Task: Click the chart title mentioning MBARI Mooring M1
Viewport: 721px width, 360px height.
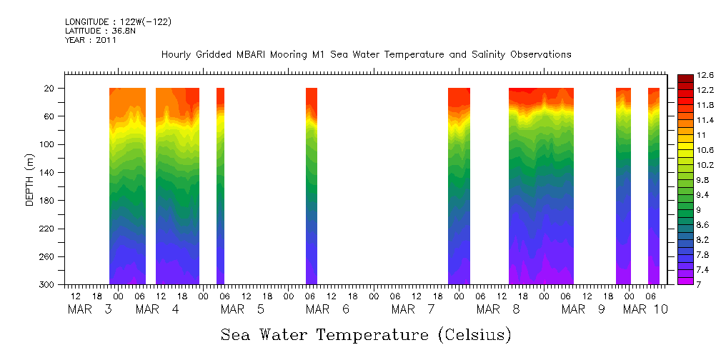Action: [x=366, y=55]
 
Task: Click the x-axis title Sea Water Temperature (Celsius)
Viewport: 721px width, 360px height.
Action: [x=366, y=334]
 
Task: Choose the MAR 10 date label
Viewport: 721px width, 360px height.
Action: [x=645, y=309]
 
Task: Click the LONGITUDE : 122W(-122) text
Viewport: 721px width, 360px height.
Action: [x=118, y=22]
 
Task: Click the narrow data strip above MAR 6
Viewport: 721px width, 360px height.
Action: [x=312, y=186]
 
